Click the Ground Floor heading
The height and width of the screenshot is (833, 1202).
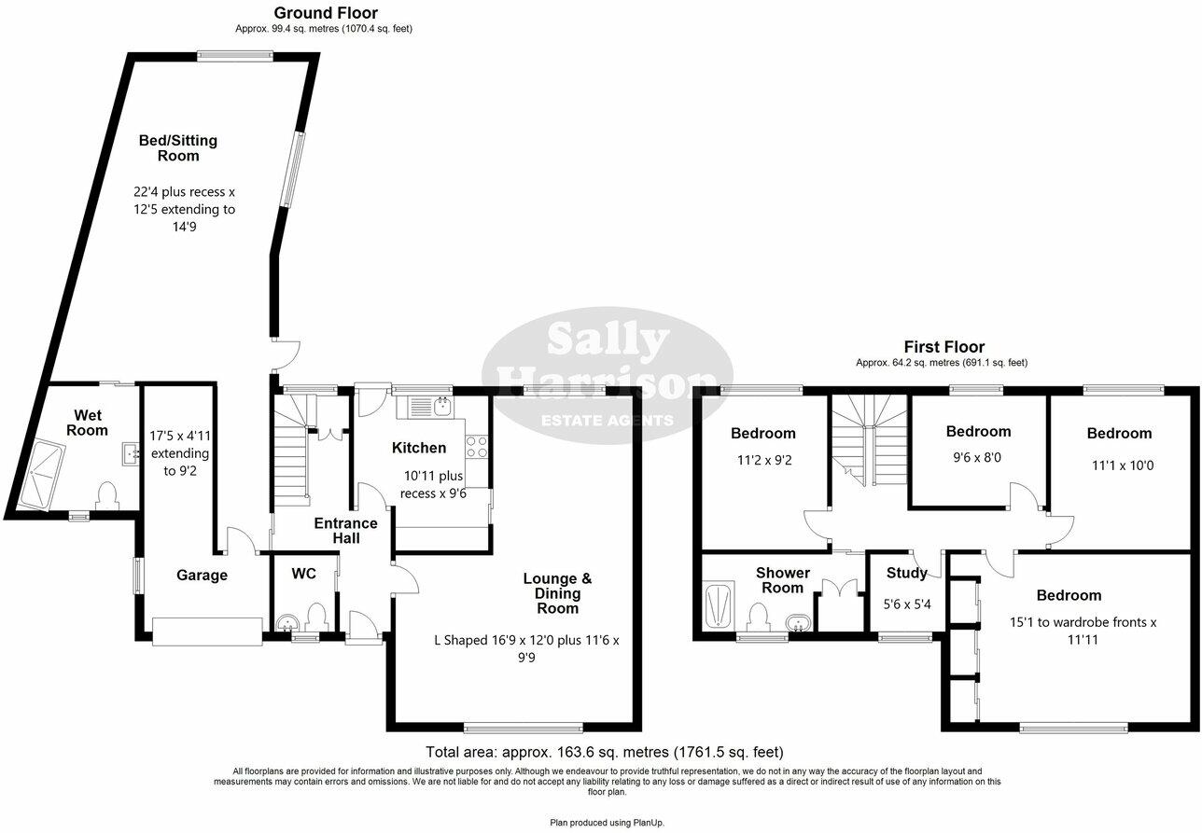point(326,13)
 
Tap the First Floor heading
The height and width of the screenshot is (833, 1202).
point(943,347)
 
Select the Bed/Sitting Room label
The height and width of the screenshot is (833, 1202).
point(177,148)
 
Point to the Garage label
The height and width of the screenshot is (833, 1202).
point(203,576)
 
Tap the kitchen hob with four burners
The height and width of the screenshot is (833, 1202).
point(478,447)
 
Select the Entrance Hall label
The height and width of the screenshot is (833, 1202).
point(345,531)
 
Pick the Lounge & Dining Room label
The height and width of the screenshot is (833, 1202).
point(557,593)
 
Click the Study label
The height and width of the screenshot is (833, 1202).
point(906,574)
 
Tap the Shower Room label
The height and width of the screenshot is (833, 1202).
point(782,580)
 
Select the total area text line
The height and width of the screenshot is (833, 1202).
point(604,752)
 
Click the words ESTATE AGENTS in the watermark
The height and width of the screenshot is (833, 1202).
point(608,421)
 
